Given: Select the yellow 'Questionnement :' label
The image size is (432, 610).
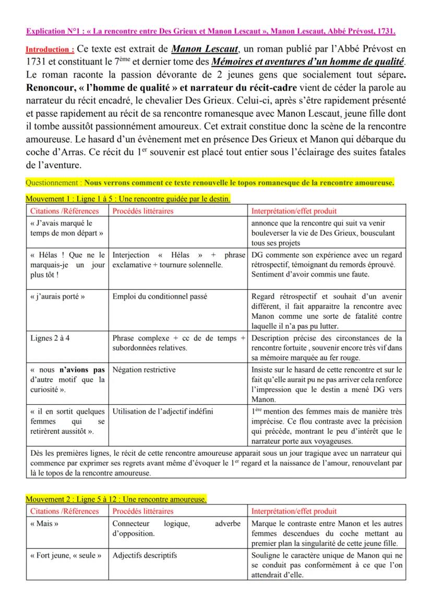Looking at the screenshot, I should click(x=54, y=183).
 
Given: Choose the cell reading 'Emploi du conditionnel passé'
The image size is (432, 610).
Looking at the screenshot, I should click(x=160, y=296).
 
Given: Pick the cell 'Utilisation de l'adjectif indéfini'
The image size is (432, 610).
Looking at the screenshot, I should click(x=163, y=411).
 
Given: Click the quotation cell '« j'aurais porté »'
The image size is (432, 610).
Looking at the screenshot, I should click(x=57, y=296).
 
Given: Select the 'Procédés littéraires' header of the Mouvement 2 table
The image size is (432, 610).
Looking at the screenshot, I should click(x=142, y=511).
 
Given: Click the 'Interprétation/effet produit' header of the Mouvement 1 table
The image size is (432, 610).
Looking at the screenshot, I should click(x=294, y=211).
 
